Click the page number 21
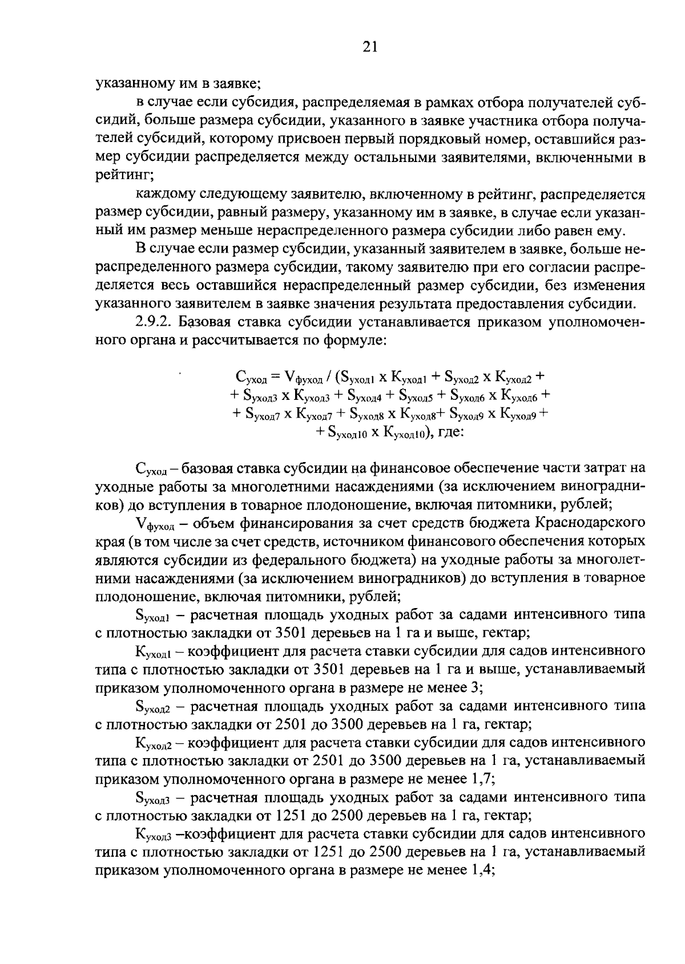point(370,47)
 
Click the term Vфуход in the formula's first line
point(304,376)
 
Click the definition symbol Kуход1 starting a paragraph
point(153,651)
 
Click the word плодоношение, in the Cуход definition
point(339,504)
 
